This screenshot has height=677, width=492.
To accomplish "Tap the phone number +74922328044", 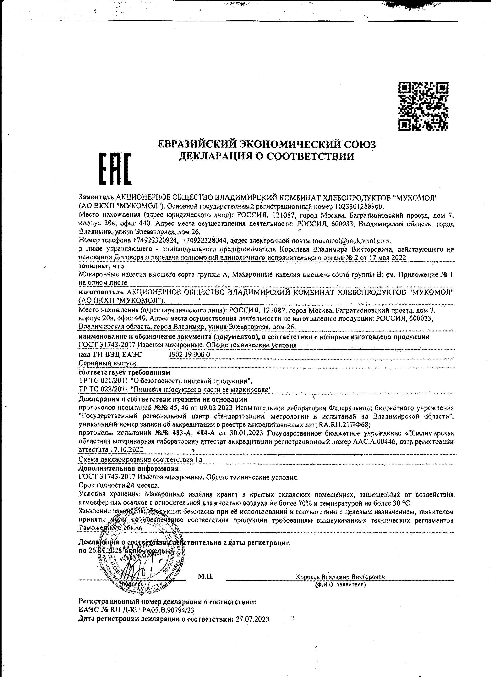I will click(205, 241).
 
